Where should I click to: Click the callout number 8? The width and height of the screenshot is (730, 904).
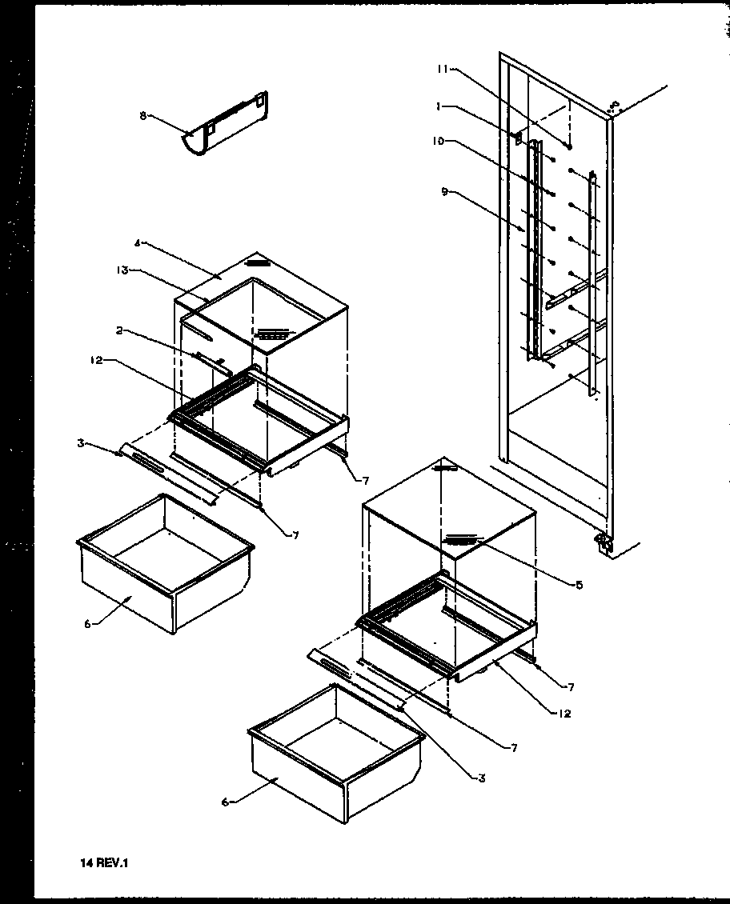pyautogui.click(x=143, y=115)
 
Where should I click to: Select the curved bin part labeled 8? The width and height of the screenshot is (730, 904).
pyautogui.click(x=227, y=126)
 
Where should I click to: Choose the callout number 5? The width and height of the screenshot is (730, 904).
pyautogui.click(x=579, y=584)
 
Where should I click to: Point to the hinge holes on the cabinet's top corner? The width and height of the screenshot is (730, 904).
pyautogui.click(x=615, y=105)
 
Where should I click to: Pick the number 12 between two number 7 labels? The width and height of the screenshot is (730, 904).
pyautogui.click(x=566, y=714)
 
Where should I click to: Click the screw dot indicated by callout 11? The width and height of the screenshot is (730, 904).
pyautogui.click(x=568, y=146)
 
